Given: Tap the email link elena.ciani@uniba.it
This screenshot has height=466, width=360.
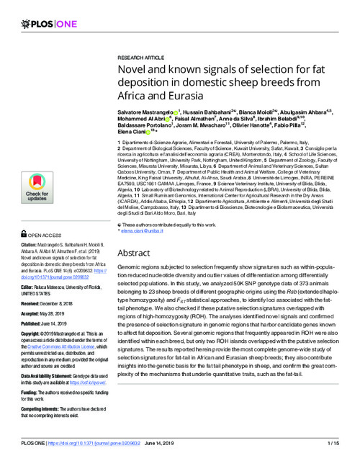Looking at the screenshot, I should click(142, 232).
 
